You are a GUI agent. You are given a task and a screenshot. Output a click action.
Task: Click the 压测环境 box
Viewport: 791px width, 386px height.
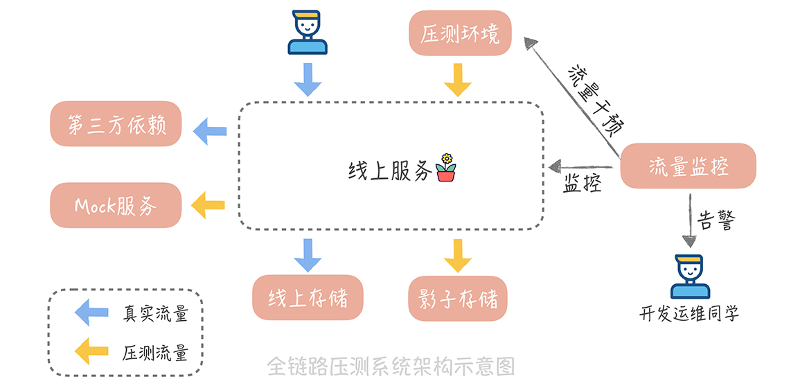click(460, 33)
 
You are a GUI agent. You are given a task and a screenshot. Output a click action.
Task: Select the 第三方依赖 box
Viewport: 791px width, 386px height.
click(115, 124)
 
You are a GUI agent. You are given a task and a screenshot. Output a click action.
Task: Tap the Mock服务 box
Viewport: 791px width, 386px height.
click(116, 205)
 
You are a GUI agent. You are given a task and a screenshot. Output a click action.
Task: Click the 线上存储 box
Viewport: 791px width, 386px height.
click(308, 298)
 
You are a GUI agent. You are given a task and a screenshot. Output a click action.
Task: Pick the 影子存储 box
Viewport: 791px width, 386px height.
click(458, 299)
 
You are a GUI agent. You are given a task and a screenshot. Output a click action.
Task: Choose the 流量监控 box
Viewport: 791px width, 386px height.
click(688, 166)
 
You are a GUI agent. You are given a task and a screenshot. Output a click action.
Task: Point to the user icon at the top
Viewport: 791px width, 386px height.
click(308, 32)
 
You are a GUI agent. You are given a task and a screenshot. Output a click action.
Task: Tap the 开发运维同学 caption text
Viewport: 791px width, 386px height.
click(689, 314)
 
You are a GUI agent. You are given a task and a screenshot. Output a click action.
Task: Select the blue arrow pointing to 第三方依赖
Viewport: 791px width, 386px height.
click(210, 130)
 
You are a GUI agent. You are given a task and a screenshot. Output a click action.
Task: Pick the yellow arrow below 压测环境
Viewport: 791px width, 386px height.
click(458, 79)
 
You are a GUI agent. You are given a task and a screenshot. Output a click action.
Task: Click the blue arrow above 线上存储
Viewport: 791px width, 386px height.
click(308, 254)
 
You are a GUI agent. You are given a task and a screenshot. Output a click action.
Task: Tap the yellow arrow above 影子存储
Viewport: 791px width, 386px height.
click(458, 254)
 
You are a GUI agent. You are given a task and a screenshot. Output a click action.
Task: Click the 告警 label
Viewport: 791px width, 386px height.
click(716, 221)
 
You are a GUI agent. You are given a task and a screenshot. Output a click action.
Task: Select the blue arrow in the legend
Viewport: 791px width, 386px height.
click(91, 313)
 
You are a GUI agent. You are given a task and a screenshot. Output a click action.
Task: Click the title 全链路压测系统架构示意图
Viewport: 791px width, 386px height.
click(391, 365)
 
